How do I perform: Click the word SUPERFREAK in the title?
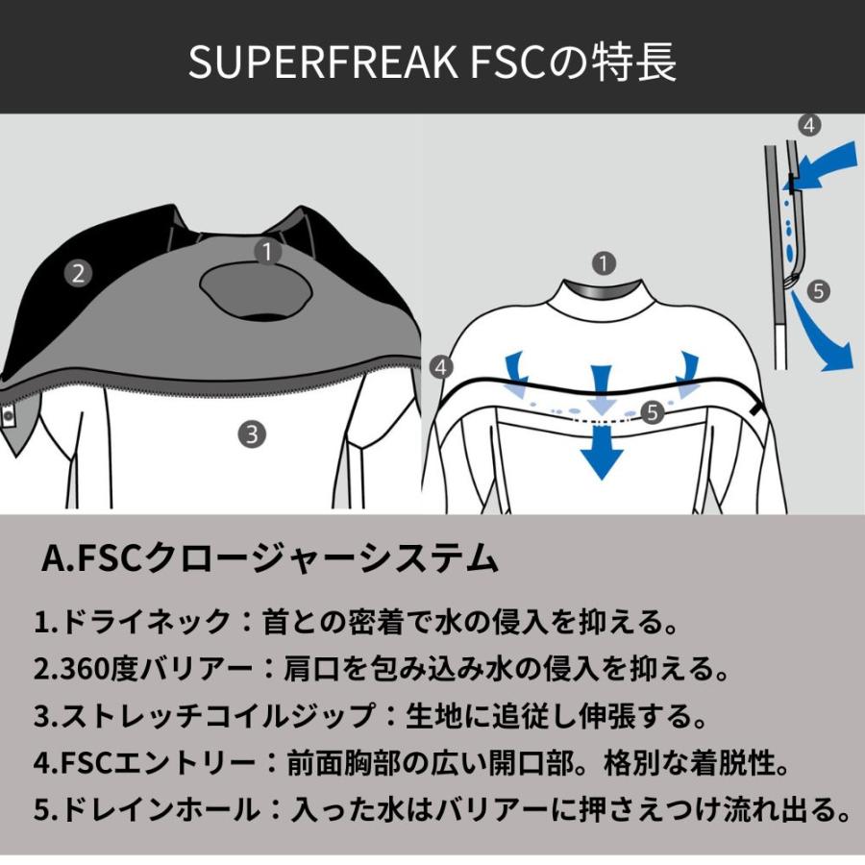(x=323, y=62)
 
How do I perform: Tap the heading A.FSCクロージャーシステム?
(x=270, y=558)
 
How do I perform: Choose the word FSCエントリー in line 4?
(x=158, y=763)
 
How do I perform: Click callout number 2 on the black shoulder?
(x=78, y=273)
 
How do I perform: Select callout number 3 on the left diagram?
(x=252, y=434)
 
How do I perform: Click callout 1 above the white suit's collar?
(x=604, y=263)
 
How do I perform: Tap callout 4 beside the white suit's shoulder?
(x=441, y=367)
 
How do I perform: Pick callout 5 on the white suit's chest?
(x=654, y=411)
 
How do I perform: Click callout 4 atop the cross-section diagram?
(x=808, y=125)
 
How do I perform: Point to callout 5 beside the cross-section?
(x=818, y=290)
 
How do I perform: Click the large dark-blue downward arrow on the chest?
(x=602, y=453)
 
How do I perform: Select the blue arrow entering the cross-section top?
(x=826, y=165)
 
